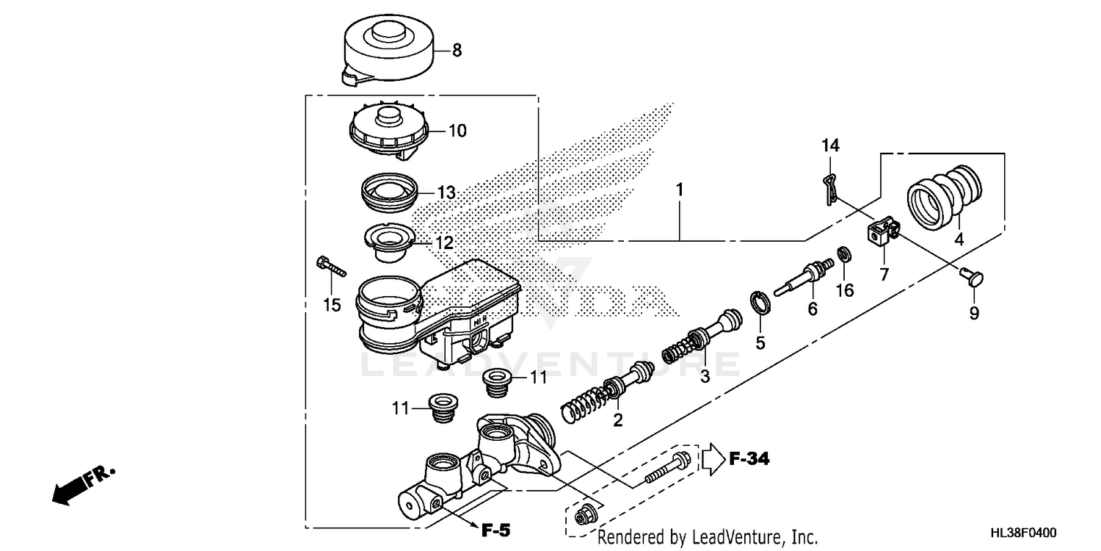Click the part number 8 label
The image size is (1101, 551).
[457, 51]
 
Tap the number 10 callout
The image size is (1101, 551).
[457, 132]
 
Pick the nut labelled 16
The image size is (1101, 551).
[844, 255]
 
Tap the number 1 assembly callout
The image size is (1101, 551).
[680, 190]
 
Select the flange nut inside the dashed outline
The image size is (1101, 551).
[585, 516]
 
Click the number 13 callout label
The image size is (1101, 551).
[446, 193]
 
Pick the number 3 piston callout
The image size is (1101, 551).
[705, 377]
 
